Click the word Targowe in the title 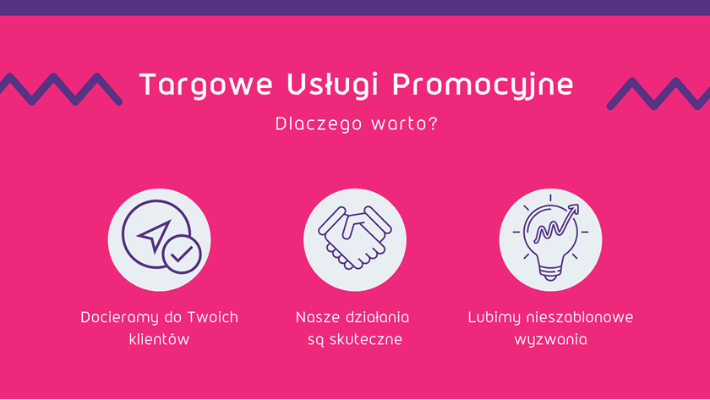[x=206, y=85]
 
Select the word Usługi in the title [x=332, y=85]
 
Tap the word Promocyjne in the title [x=483, y=85]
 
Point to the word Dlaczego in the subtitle [x=319, y=124]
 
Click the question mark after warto [x=433, y=123]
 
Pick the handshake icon [x=354, y=238]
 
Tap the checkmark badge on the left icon [x=182, y=255]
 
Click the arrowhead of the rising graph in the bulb [x=574, y=210]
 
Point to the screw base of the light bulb [x=550, y=272]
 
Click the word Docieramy [x=119, y=318]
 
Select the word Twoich [x=212, y=317]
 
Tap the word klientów [x=159, y=339]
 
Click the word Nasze [x=317, y=318]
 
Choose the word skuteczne [x=366, y=339]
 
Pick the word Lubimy [x=494, y=318]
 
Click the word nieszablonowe [x=580, y=317]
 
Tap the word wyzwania [x=550, y=340]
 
